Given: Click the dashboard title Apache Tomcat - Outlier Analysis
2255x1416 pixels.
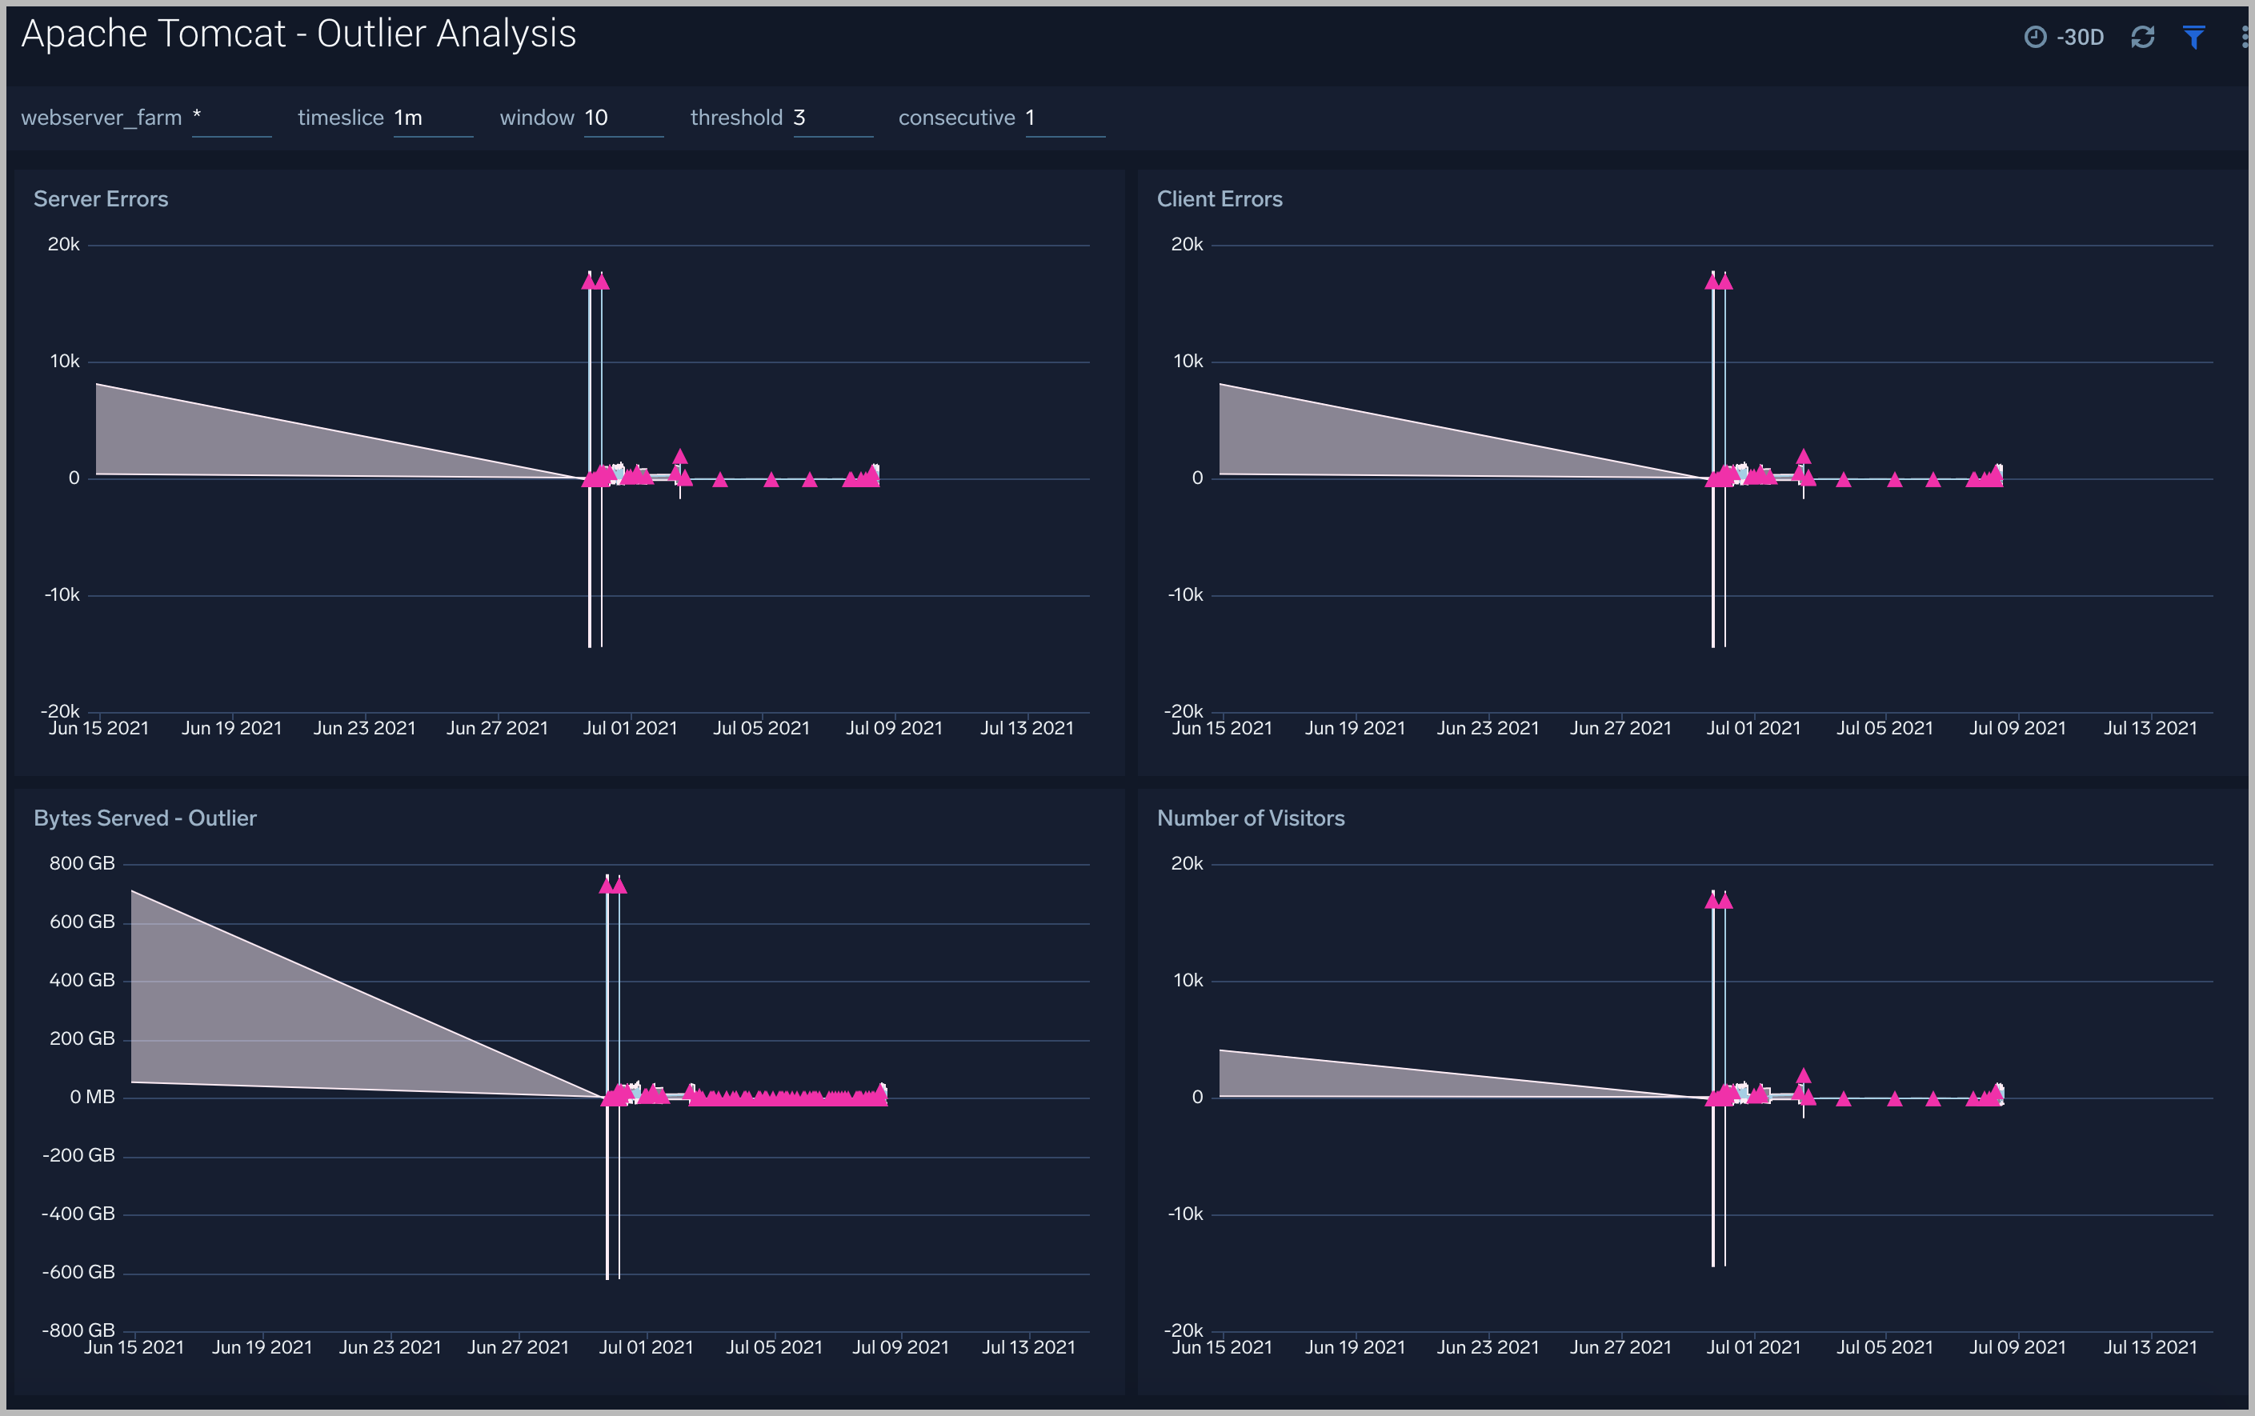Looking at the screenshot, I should click(x=298, y=34).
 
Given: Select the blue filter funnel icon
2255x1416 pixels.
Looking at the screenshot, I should click(x=2193, y=38).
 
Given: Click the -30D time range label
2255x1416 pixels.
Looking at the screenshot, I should click(x=2079, y=38).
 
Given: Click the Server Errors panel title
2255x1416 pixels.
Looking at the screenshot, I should click(x=101, y=199).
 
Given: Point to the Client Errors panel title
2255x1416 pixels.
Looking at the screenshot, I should click(x=1220, y=199).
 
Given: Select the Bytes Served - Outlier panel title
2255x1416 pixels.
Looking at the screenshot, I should click(x=145, y=818).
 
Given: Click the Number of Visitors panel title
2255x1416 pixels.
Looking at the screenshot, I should click(x=1250, y=818).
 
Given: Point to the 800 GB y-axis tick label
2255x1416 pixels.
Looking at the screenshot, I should click(x=82, y=863).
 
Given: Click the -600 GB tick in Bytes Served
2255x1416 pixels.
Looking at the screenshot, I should click(x=78, y=1272).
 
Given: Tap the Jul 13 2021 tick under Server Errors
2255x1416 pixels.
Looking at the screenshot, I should click(x=1027, y=729).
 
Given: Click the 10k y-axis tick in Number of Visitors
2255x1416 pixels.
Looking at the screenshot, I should click(x=1188, y=981).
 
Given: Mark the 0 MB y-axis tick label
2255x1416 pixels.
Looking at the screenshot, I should click(x=92, y=1097).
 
